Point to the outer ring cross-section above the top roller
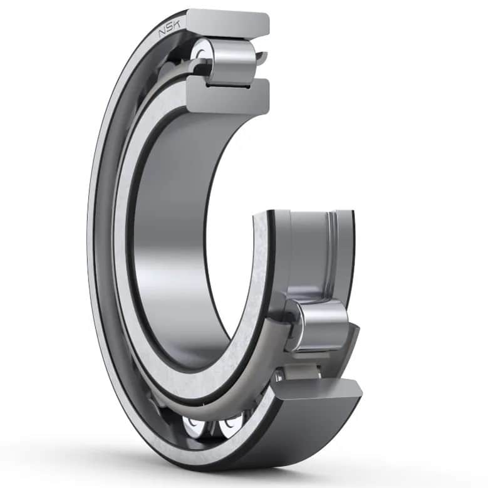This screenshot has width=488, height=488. tap(229, 24)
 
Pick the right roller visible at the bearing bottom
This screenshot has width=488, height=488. tap(229, 427)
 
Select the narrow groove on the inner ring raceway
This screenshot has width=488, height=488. tap(333, 251)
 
